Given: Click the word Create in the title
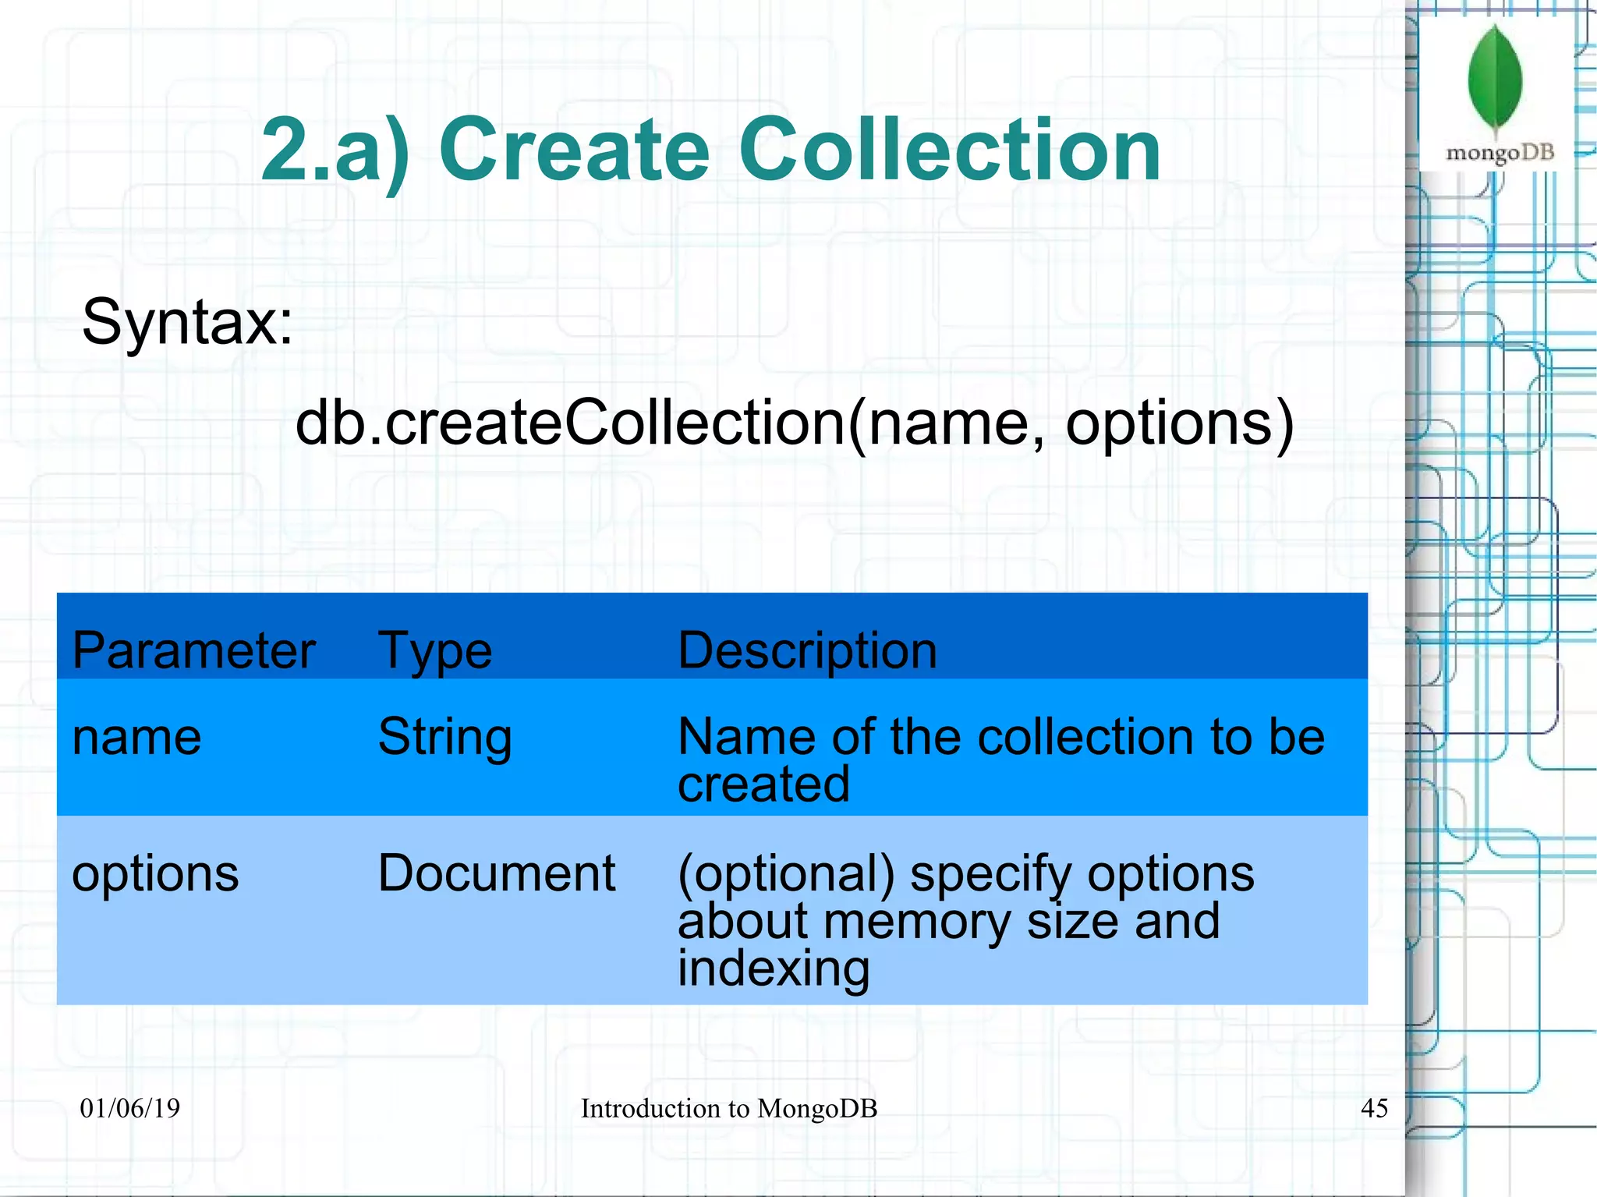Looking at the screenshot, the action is (x=575, y=149).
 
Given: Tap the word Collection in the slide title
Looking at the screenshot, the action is (x=950, y=149).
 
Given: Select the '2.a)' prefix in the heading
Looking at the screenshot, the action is (x=335, y=151).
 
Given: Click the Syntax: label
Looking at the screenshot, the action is (x=187, y=321).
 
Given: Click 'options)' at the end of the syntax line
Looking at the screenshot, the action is (x=1179, y=423).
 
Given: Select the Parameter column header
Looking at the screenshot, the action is (x=193, y=650).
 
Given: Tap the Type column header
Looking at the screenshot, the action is (x=435, y=651).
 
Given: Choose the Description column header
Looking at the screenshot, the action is (x=807, y=650).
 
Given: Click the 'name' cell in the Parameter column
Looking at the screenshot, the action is (x=136, y=737).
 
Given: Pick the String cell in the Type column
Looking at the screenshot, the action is (x=444, y=737).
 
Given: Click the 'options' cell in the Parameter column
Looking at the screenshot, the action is (x=155, y=873).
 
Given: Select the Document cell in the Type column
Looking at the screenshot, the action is (x=497, y=873).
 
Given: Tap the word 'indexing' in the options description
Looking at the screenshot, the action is (x=773, y=969).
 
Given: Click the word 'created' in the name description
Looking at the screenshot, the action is (x=763, y=784).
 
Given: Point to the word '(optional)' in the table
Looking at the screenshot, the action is (x=786, y=874).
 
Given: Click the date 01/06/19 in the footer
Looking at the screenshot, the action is (x=130, y=1108).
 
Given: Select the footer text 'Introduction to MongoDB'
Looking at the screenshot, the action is (x=729, y=1108).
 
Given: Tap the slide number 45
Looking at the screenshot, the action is (x=1374, y=1108).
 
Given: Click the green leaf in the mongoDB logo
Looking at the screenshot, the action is (x=1495, y=78).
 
